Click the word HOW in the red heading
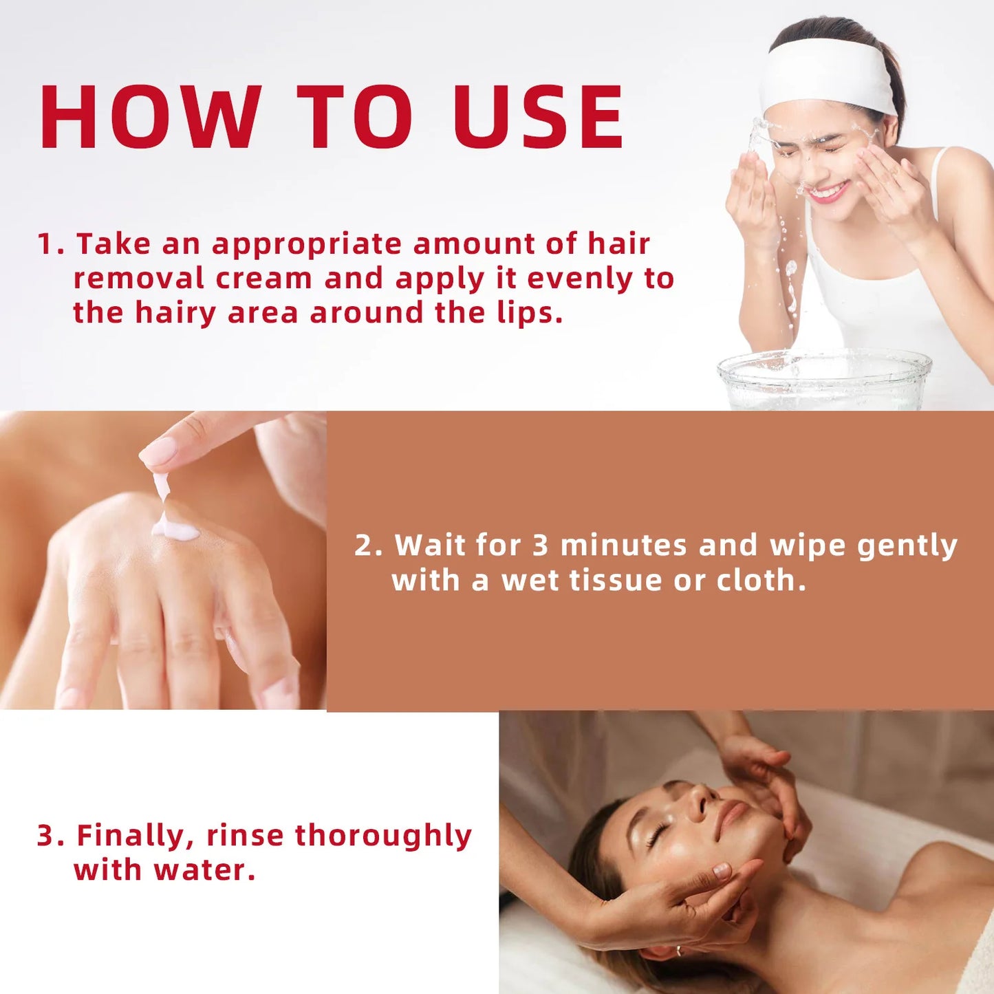(x=151, y=117)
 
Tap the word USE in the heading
(x=538, y=117)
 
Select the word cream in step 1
(x=263, y=279)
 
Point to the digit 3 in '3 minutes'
(x=540, y=545)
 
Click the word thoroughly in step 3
(x=383, y=836)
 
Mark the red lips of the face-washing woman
(x=828, y=193)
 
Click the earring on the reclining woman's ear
(x=678, y=951)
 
